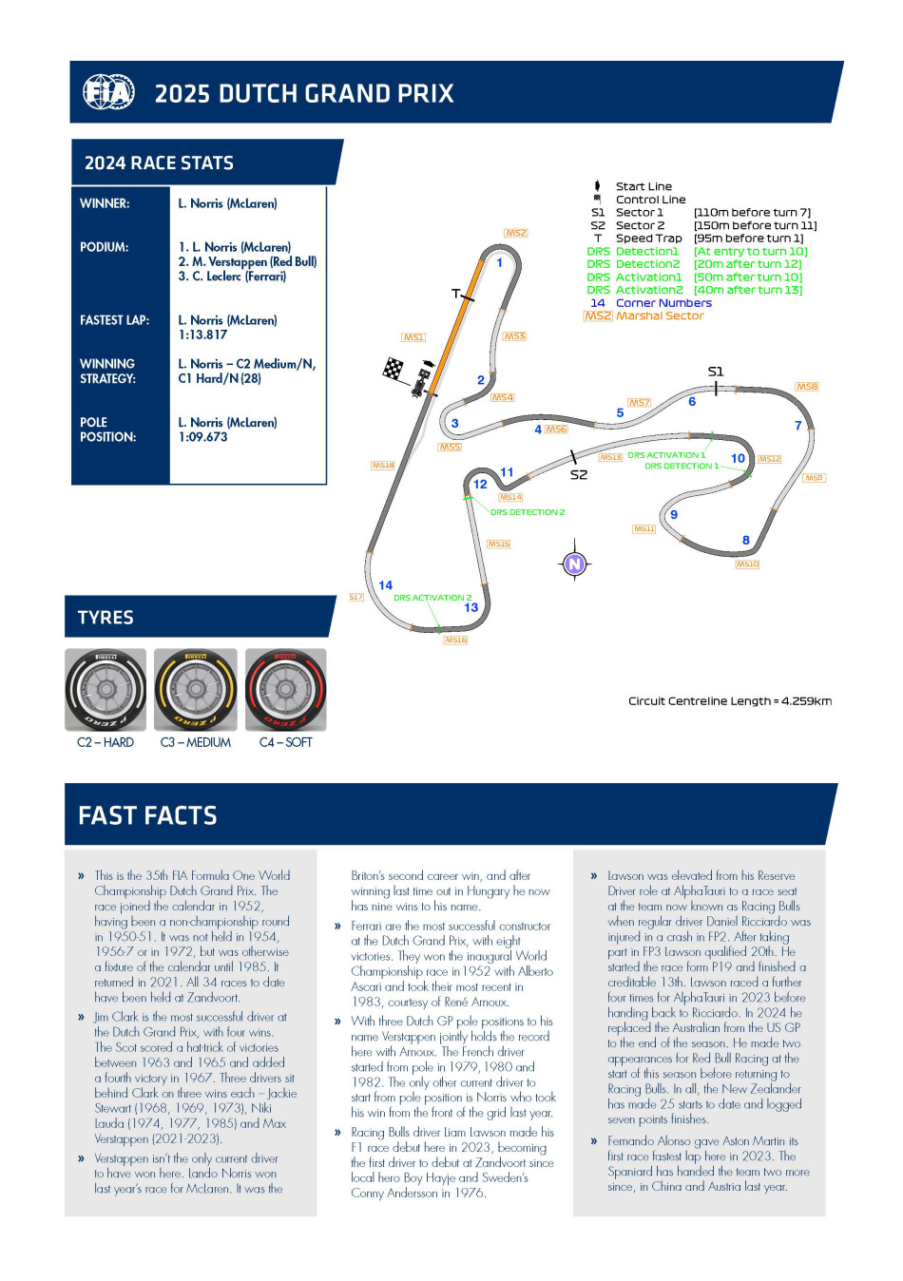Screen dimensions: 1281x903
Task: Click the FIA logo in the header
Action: click(x=108, y=92)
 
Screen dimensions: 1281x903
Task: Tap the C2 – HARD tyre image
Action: click(x=106, y=690)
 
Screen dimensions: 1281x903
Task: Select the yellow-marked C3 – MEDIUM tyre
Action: click(x=196, y=690)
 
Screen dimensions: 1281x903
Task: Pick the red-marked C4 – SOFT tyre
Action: click(x=285, y=690)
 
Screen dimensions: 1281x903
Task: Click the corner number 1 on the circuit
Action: click(x=499, y=262)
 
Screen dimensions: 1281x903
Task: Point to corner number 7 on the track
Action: click(x=797, y=425)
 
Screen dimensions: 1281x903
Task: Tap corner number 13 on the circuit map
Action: click(x=471, y=607)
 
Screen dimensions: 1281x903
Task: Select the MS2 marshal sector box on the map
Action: click(x=515, y=233)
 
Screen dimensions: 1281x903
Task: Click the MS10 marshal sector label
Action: click(x=747, y=564)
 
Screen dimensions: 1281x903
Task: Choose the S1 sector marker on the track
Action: click(x=716, y=372)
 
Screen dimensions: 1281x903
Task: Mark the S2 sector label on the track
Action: click(x=578, y=474)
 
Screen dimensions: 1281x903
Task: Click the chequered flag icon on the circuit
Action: click(x=393, y=369)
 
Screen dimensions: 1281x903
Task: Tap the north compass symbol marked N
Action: click(x=574, y=564)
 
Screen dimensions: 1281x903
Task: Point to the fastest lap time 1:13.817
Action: click(x=202, y=335)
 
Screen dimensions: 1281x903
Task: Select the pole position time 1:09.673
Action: click(x=202, y=437)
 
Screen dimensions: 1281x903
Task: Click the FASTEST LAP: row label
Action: click(x=114, y=320)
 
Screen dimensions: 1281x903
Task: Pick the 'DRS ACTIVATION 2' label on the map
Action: click(x=432, y=598)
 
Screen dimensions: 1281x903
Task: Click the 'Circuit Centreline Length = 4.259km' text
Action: click(x=729, y=701)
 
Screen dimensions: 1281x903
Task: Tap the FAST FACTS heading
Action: click(x=147, y=815)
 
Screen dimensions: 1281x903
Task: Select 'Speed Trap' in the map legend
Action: click(x=648, y=239)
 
